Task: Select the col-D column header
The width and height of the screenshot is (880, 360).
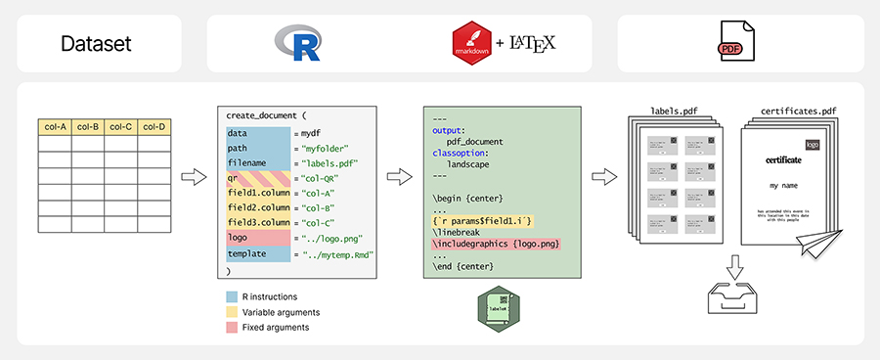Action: [154, 126]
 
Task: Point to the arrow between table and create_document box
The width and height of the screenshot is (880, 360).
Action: [195, 177]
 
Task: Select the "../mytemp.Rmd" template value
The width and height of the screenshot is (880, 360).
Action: [339, 253]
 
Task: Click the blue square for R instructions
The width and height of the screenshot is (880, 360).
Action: [231, 296]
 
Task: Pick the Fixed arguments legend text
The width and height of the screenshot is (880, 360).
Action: [277, 327]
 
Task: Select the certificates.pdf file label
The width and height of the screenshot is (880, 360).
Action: [791, 112]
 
